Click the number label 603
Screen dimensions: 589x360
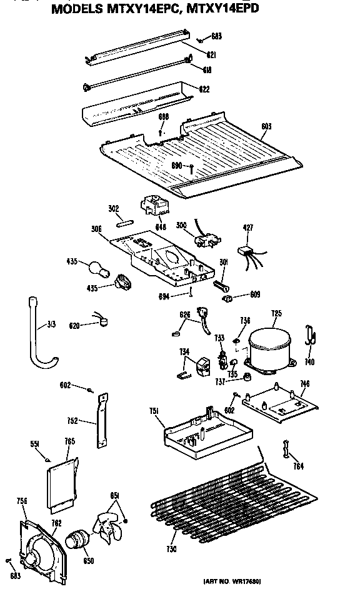coord(266,126)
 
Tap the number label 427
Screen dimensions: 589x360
coord(248,228)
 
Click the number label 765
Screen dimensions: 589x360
coord(69,441)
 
